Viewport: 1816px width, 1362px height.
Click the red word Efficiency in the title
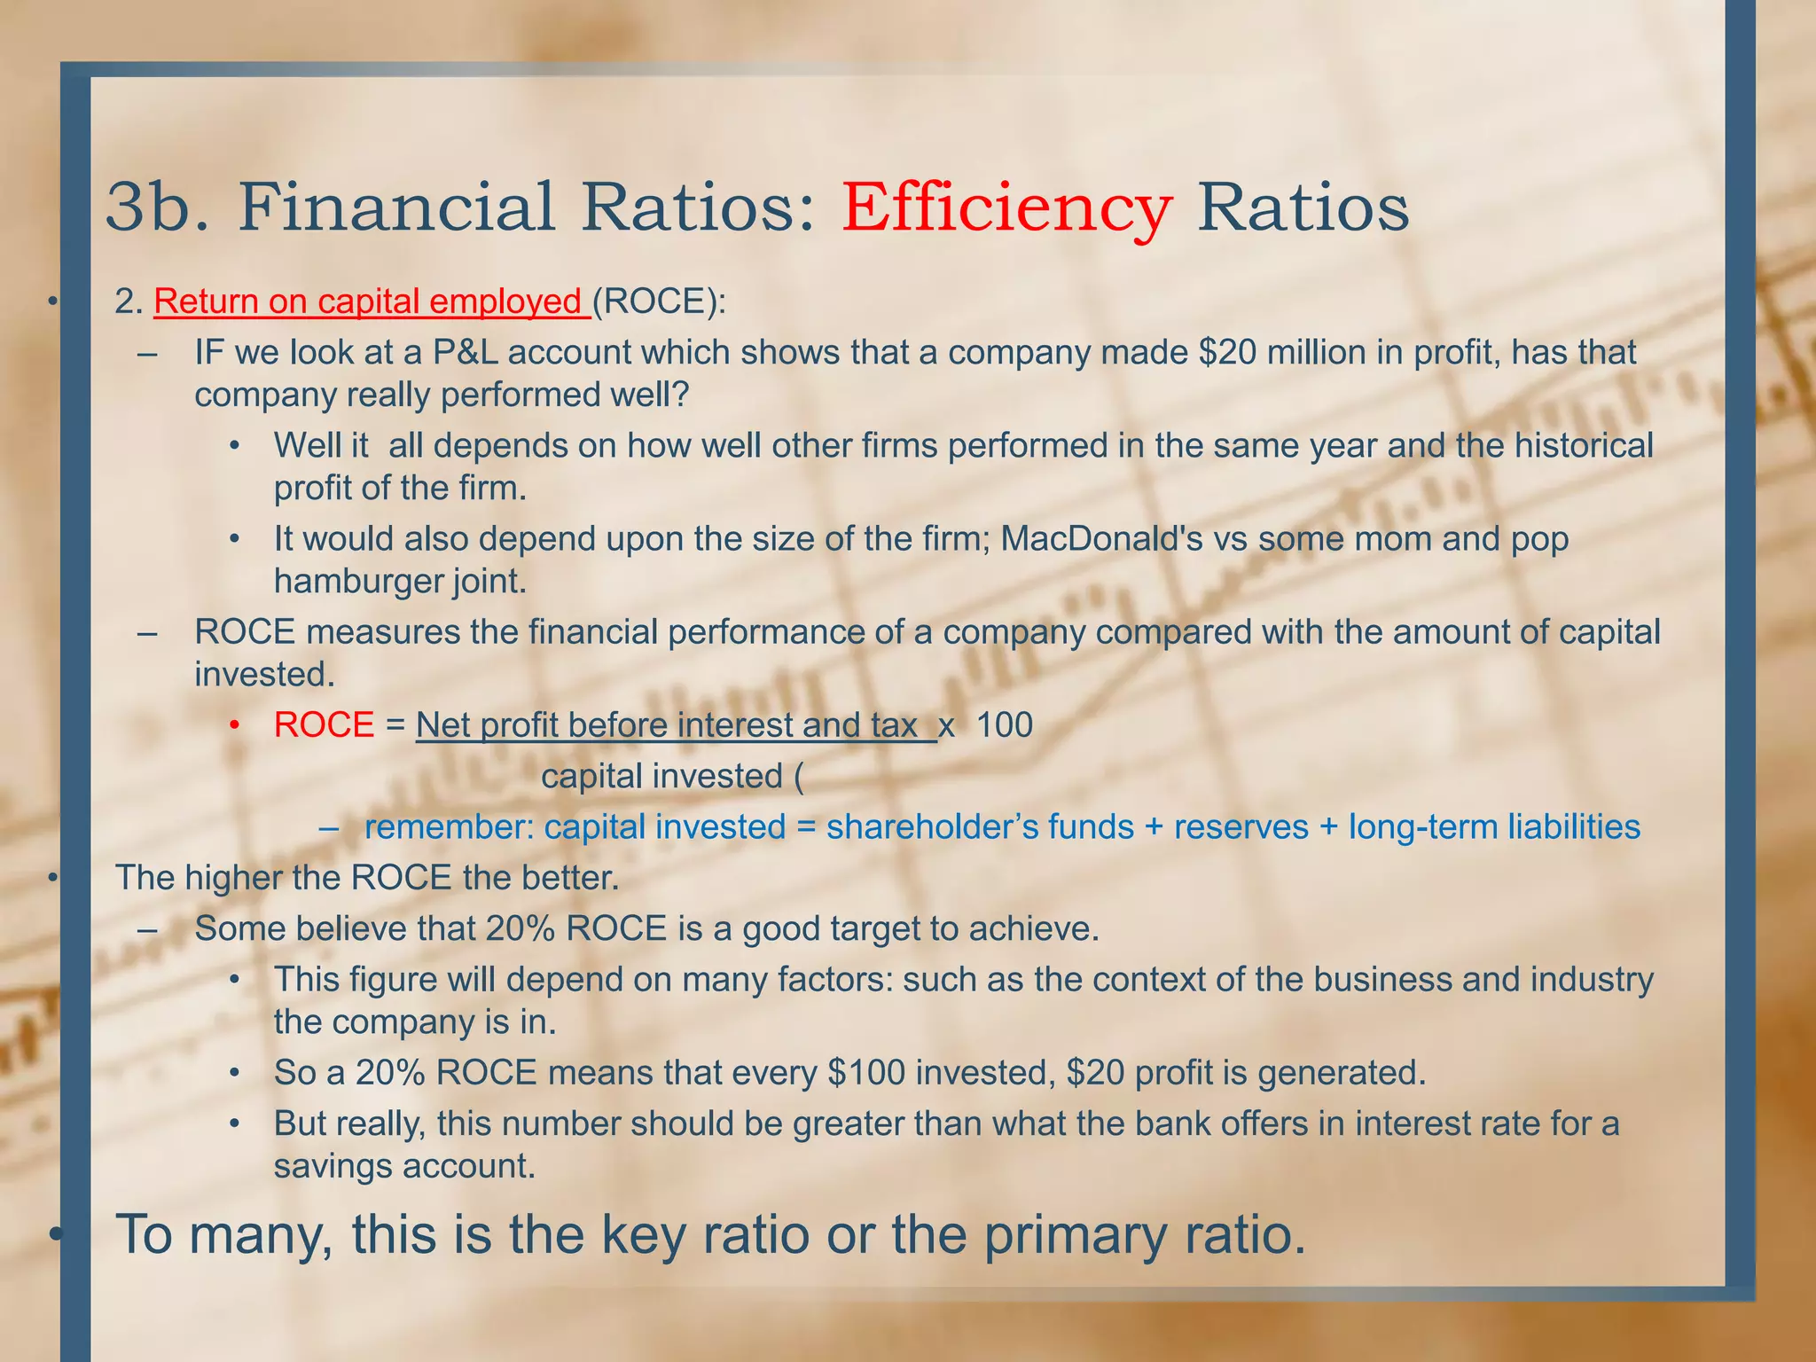[x=1006, y=207]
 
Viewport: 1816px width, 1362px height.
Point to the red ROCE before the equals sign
[x=324, y=725]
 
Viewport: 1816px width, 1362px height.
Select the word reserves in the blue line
[x=1241, y=826]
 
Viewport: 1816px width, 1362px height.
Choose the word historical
[x=1583, y=445]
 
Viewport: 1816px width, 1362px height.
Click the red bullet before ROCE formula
[x=234, y=726]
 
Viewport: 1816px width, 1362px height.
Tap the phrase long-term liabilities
[x=1494, y=826]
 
